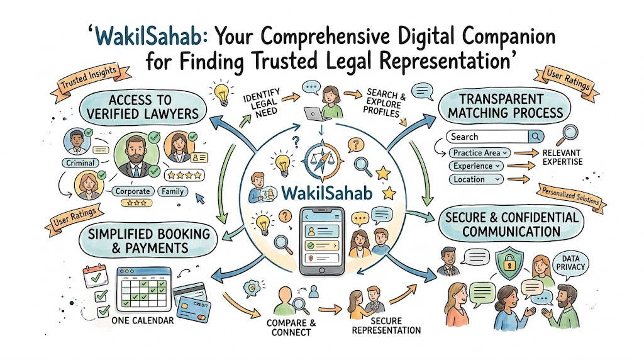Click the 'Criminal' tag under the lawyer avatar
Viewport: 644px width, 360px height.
(x=80, y=163)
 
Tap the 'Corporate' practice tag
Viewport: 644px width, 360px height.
(x=133, y=191)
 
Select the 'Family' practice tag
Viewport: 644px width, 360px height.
(x=172, y=191)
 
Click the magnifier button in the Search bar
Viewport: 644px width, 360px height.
(x=536, y=137)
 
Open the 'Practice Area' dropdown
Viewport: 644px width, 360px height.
(x=480, y=153)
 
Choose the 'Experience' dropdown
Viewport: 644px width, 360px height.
(x=476, y=166)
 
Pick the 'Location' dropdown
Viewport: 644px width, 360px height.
(x=476, y=179)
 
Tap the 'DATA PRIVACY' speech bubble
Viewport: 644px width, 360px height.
(x=570, y=263)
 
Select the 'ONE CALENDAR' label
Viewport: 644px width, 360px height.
(x=143, y=320)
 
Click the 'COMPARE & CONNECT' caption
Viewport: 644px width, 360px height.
(x=291, y=327)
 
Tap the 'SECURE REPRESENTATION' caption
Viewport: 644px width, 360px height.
(x=386, y=325)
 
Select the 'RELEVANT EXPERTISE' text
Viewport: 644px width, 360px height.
(x=562, y=157)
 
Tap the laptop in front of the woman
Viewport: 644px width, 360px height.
(x=316, y=113)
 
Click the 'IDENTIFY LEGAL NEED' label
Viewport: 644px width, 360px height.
(x=262, y=103)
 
